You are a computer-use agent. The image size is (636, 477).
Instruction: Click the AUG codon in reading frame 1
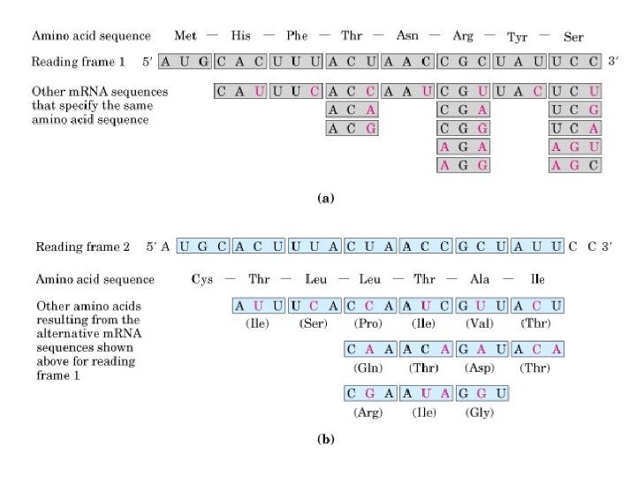coord(185,62)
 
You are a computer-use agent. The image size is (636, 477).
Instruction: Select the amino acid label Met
coord(185,36)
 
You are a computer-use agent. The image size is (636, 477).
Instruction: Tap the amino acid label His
coord(240,36)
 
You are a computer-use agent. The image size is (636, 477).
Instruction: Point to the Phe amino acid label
coord(297,36)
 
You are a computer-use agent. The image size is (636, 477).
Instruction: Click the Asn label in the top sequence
coord(408,36)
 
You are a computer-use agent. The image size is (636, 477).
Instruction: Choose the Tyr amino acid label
coord(518,37)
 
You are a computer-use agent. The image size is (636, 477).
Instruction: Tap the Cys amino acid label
coord(202,279)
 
